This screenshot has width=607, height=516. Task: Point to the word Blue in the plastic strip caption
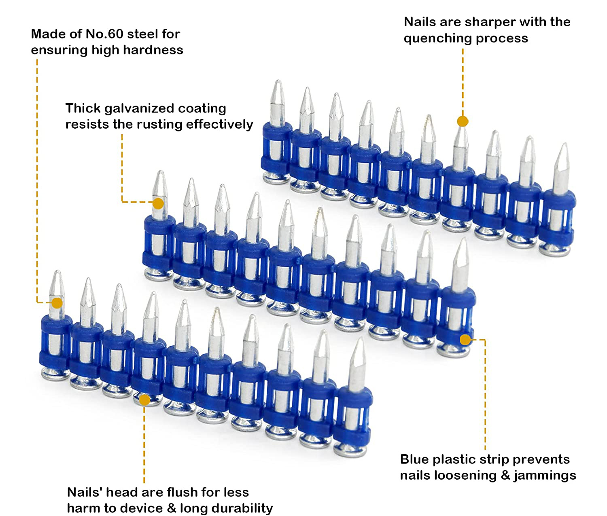coord(414,460)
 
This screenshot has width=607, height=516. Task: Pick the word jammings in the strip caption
coord(545,476)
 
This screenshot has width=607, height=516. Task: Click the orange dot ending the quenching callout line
coord(463,121)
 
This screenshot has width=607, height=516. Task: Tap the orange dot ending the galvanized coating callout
coord(158,203)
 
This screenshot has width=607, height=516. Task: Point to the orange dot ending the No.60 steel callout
coord(57,303)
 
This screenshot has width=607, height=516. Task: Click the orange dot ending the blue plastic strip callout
coord(465,339)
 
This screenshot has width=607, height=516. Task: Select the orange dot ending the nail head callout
coord(144,400)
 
